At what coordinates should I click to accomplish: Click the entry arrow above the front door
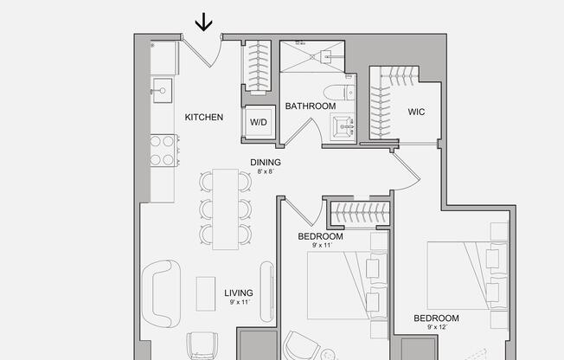(x=204, y=22)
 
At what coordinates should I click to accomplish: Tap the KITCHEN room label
(x=204, y=117)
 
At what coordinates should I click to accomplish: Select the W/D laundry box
(x=260, y=123)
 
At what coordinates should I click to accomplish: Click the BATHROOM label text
(x=311, y=106)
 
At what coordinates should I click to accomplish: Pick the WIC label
(x=417, y=111)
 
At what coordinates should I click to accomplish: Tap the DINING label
(x=266, y=162)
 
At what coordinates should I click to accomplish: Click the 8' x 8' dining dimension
(x=266, y=171)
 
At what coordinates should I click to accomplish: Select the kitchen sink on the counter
(x=162, y=87)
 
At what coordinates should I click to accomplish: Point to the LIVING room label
(x=240, y=292)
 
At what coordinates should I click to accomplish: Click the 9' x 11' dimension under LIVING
(x=240, y=302)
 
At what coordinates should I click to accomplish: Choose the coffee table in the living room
(x=206, y=293)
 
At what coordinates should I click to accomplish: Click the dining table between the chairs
(x=226, y=209)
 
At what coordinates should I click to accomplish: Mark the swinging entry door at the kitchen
(x=208, y=54)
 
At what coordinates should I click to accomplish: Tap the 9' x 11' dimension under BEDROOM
(x=321, y=246)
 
